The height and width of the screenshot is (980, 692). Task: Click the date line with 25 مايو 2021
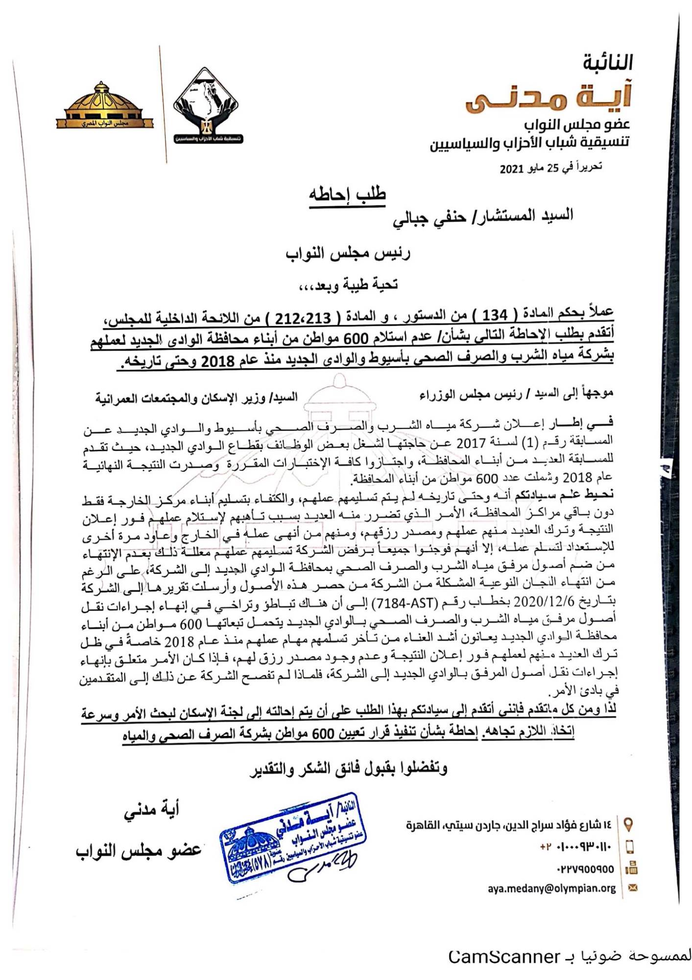click(x=550, y=168)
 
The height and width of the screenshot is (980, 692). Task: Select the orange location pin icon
click(x=629, y=824)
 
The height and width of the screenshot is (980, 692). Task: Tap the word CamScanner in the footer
click(x=504, y=956)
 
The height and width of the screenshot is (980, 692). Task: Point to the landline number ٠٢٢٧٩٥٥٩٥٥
click(x=585, y=869)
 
